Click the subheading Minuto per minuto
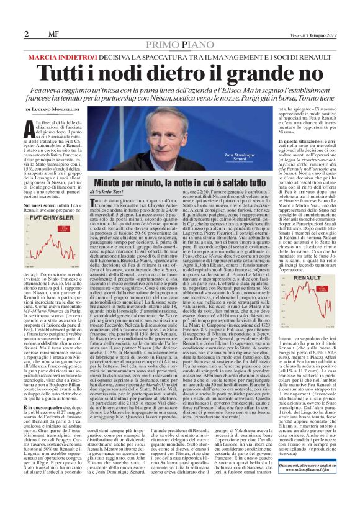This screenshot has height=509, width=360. point(131,184)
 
